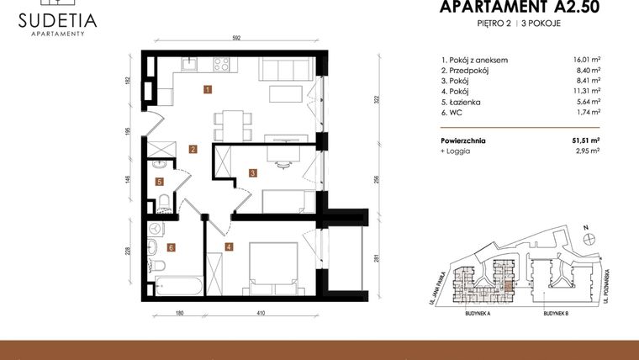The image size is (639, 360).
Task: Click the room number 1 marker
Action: click(x=207, y=88)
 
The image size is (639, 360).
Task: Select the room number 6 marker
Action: click(x=171, y=247)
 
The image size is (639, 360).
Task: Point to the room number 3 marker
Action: click(x=252, y=173)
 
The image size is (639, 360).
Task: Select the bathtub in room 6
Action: click(x=178, y=286)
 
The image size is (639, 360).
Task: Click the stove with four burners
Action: click(x=223, y=63)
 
